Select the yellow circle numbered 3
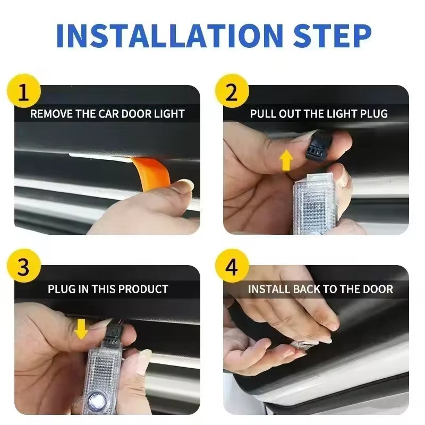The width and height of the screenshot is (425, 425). (23, 268)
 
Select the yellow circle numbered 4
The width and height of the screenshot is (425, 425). (232, 268)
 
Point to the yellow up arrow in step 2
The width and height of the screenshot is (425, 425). (286, 160)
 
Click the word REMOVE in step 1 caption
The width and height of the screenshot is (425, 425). (49, 114)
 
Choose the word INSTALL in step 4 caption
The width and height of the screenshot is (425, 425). (269, 290)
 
